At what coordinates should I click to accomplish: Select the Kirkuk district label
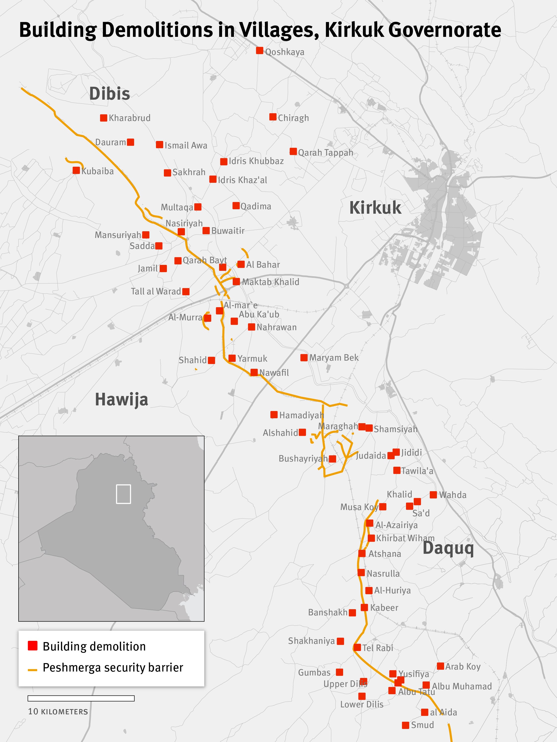click(375, 208)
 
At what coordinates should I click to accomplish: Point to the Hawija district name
click(121, 399)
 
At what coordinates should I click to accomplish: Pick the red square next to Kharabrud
click(103, 118)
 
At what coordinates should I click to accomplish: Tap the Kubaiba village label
click(97, 171)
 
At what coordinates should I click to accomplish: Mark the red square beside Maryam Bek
click(304, 358)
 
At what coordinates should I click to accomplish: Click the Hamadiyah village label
click(301, 415)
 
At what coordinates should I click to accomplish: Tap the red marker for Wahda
click(433, 495)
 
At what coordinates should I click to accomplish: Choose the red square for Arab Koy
click(440, 666)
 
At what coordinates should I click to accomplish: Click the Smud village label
click(422, 725)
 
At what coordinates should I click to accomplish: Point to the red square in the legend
click(33, 646)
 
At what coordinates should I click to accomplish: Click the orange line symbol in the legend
click(32, 670)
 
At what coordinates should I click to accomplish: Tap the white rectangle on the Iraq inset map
click(123, 494)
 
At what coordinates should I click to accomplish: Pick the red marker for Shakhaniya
click(340, 641)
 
